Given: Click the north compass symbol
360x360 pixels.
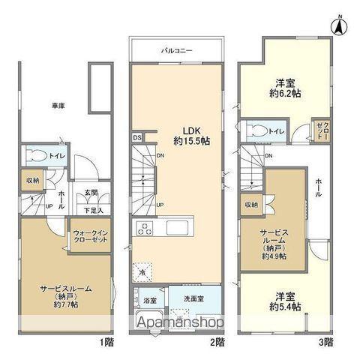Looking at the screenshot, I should (x=338, y=24).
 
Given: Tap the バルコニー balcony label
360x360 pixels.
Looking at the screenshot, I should (x=178, y=49).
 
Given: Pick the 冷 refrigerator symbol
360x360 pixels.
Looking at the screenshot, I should (x=142, y=272).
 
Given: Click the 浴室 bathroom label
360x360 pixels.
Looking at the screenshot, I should (x=150, y=301).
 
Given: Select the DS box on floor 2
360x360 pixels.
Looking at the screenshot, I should (x=137, y=137).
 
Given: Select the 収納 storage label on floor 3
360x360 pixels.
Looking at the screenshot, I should (x=250, y=205).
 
